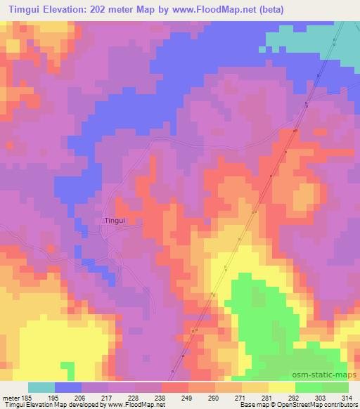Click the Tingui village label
click(115, 220)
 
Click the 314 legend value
click(348, 397)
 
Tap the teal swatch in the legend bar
click(41, 387)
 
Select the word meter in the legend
click(8, 397)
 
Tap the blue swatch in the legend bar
click(68, 387)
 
